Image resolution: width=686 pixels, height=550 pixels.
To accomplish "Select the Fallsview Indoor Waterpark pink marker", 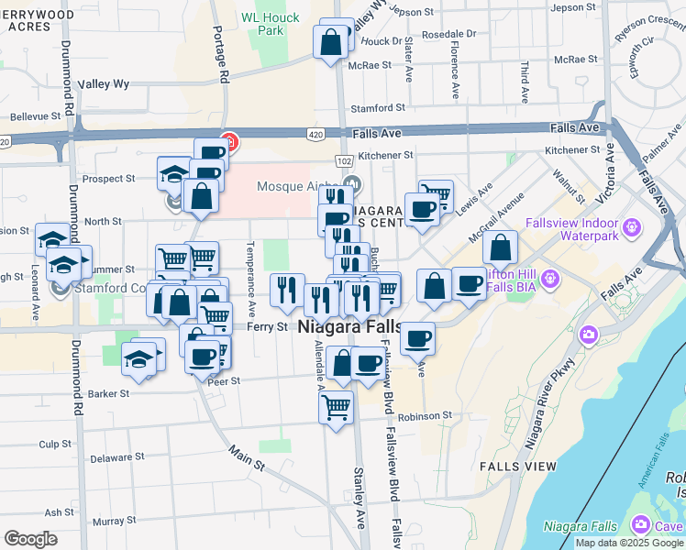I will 631,226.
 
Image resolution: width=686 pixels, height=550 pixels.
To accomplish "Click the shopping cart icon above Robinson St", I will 337,405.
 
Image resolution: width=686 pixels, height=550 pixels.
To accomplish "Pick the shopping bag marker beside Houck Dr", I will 330,41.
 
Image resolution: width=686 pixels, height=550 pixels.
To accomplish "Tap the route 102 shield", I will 344,160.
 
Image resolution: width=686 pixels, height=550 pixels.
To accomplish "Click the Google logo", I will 31,539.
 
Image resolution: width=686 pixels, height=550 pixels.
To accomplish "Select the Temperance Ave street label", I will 249,275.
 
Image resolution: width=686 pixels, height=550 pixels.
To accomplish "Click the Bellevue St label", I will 41,117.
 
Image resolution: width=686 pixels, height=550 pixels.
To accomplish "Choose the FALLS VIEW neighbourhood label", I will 518,467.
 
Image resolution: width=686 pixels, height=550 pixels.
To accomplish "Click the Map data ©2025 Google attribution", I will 628,543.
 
